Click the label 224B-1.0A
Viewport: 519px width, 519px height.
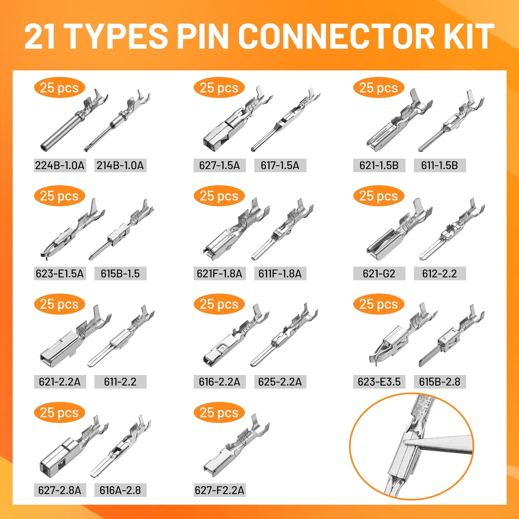pyautogui.click(x=60, y=165)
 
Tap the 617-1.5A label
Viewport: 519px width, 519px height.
pyautogui.click(x=280, y=165)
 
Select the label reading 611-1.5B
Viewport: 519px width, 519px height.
pyautogui.click(x=440, y=165)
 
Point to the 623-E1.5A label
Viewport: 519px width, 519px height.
pyautogui.click(x=60, y=273)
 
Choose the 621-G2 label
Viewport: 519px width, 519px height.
pyautogui.click(x=379, y=273)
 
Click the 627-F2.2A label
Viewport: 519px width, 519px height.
pyautogui.click(x=219, y=490)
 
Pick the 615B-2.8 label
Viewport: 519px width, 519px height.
pyautogui.click(x=440, y=381)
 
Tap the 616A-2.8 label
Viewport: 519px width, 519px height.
pyautogui.click(x=120, y=490)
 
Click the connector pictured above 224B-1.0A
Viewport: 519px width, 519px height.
pyautogui.click(x=74, y=120)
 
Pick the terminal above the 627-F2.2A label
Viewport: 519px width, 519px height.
pyautogui.click(x=236, y=445)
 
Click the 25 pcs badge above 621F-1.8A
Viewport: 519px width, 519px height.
pyautogui.click(x=219, y=196)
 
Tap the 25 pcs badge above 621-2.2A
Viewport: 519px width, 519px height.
pyautogui.click(x=59, y=304)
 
